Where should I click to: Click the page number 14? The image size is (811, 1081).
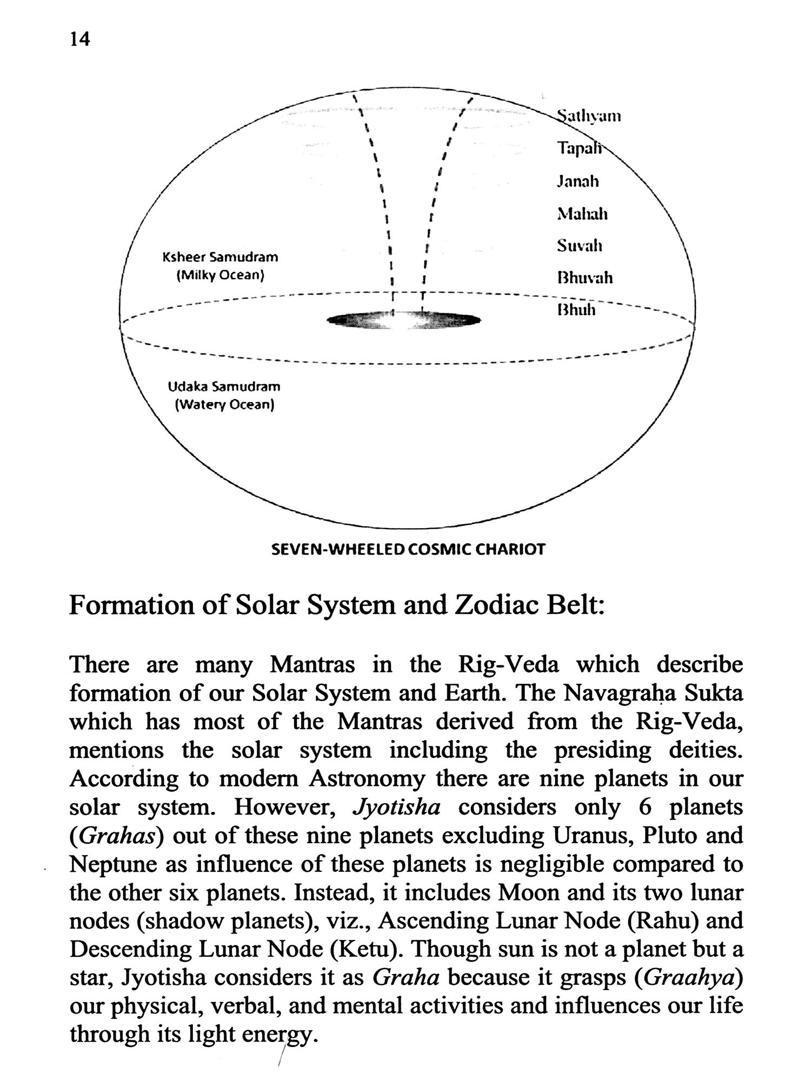point(79,39)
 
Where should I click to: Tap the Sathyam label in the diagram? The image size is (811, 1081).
point(589,116)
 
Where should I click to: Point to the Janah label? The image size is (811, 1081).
point(578,181)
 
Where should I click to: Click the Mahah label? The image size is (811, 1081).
point(582,214)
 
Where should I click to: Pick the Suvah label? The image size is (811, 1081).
point(580,246)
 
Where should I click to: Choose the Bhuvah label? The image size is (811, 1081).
point(584,278)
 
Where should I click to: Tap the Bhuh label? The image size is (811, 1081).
point(576,310)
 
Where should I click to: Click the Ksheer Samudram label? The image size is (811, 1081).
point(220,257)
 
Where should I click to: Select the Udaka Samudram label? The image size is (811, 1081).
point(224,387)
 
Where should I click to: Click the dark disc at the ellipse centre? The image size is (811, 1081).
point(404,321)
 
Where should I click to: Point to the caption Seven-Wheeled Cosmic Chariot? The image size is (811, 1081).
point(408,550)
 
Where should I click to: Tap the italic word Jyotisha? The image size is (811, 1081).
point(396,808)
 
